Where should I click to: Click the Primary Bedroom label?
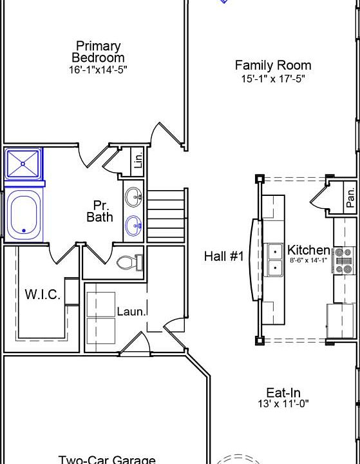(x=98, y=52)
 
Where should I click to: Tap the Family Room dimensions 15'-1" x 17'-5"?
(x=273, y=79)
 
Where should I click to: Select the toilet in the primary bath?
(x=130, y=262)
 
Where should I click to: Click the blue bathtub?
(x=24, y=215)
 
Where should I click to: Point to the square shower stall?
(x=23, y=164)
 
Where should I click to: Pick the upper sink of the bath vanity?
(x=134, y=197)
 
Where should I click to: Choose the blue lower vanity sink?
(x=134, y=226)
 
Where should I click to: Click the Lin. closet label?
(x=138, y=160)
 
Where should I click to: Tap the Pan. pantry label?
(x=350, y=197)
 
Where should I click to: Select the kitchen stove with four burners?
(x=344, y=260)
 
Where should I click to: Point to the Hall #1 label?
(x=224, y=256)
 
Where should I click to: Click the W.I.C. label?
(x=43, y=295)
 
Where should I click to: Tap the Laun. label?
(x=131, y=311)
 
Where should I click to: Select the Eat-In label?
(x=283, y=392)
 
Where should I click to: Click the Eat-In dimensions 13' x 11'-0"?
(x=283, y=403)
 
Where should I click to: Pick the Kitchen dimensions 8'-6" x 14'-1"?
(x=307, y=260)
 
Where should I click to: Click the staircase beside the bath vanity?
(x=167, y=215)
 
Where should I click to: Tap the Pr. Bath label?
(x=100, y=211)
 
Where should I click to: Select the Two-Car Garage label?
(x=107, y=460)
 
